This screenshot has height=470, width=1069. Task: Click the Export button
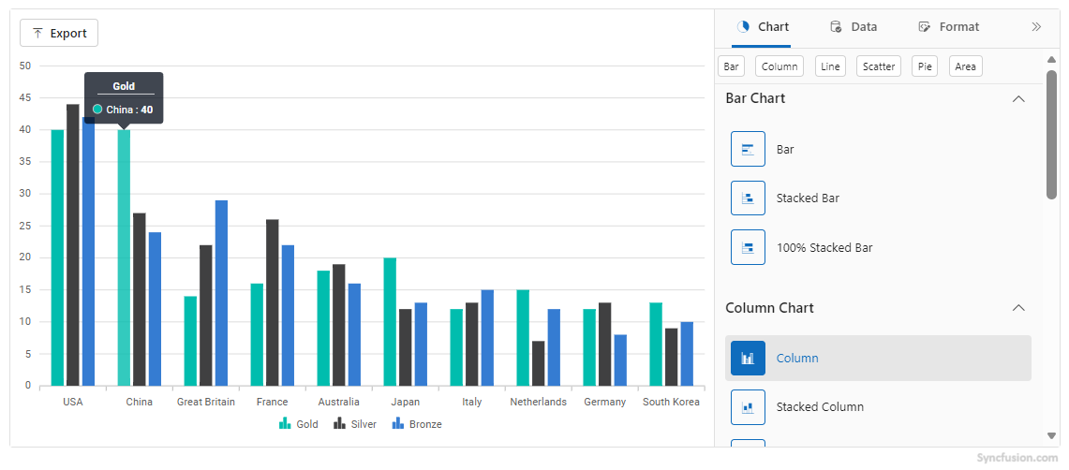point(59,33)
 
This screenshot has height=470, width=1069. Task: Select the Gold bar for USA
point(57,257)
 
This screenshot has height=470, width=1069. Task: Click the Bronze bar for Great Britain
point(221,293)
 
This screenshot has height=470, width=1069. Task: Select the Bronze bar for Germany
point(620,360)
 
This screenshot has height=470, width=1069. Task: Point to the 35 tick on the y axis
point(25,162)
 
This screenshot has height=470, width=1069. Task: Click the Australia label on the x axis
point(338,402)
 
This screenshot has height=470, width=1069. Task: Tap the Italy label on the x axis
point(472,402)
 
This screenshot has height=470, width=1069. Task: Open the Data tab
point(854,27)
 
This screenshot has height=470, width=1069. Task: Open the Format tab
point(949,27)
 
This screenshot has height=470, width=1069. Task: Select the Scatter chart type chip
point(879,66)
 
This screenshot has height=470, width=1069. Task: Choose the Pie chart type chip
point(925,66)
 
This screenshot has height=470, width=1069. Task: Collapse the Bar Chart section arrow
point(1018,98)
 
